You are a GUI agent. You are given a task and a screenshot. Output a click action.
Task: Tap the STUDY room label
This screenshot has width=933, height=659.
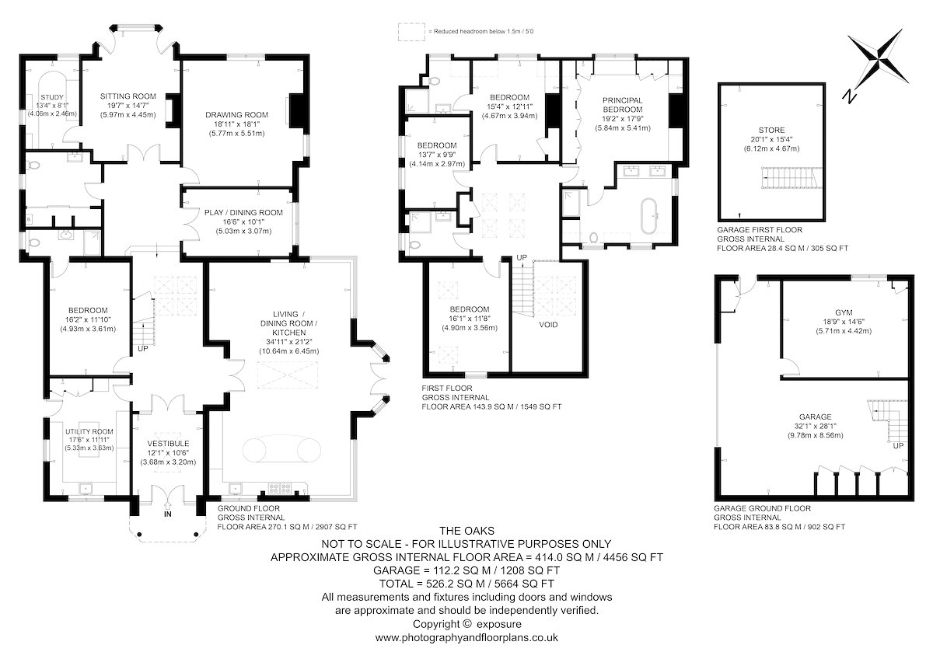52,97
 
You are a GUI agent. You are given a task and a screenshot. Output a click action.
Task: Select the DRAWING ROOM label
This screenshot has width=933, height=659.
236,115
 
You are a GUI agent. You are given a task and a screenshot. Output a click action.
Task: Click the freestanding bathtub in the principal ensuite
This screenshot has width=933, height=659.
648,215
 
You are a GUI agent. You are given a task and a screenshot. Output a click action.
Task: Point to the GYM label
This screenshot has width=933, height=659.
844,312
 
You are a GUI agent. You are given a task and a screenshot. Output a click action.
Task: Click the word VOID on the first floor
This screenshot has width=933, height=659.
548,325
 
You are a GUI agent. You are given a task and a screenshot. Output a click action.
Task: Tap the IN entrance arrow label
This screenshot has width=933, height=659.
167,514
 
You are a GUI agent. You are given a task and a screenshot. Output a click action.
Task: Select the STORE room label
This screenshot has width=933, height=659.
771,131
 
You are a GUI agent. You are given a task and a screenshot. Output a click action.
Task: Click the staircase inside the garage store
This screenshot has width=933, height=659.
791,178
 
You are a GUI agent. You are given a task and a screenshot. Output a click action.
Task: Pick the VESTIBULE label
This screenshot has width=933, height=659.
168,444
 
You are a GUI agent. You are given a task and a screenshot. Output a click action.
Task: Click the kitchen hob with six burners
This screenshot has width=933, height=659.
279,488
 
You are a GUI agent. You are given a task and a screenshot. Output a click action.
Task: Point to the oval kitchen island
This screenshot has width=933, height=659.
282,450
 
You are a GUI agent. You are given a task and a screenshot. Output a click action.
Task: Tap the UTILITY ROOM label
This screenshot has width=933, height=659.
89,432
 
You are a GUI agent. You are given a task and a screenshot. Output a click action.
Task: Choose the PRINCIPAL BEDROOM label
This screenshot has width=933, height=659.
622,105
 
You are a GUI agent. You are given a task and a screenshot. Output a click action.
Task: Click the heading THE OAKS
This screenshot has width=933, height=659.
467,531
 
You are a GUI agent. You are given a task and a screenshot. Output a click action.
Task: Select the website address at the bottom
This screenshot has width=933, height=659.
466,637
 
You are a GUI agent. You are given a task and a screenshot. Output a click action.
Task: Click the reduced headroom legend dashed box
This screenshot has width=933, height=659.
411,32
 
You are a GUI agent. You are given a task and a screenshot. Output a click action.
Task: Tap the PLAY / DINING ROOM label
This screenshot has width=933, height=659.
243,213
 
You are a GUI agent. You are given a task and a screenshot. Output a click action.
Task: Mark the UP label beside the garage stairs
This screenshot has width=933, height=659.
898,446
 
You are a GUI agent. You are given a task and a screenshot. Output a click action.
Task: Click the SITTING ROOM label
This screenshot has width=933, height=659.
128,96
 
